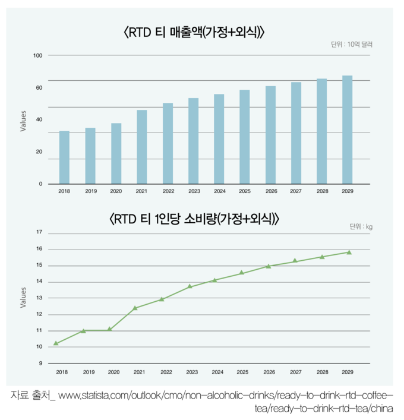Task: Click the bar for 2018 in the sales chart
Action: point(64,157)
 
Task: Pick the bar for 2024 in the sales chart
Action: point(219,139)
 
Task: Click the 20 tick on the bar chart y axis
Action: point(39,152)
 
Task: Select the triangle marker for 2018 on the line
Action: point(56,343)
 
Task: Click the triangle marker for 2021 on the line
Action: point(135,308)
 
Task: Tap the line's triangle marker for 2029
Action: point(349,252)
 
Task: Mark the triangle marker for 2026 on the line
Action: point(269,266)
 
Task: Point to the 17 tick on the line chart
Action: point(39,232)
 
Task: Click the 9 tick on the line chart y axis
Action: point(40,363)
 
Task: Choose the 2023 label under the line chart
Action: point(192,372)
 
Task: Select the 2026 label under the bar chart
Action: point(271,191)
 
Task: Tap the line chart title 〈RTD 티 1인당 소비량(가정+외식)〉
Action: point(194,219)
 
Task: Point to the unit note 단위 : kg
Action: point(361,227)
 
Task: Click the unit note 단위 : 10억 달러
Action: point(352,45)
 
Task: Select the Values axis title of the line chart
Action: point(24,297)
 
